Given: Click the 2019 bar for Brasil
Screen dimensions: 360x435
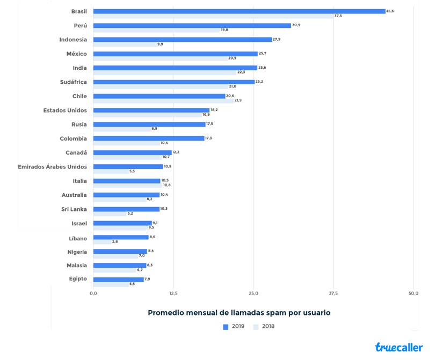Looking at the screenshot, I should [239, 11].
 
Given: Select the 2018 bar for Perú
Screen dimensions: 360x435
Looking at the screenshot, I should [156, 30].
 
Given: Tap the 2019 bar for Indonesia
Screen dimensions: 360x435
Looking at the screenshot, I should [183, 39].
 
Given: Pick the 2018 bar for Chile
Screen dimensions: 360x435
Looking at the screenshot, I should [163, 100].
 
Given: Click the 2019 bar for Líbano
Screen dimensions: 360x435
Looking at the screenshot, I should [121, 237].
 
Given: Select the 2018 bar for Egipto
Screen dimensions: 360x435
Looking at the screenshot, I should [111, 284].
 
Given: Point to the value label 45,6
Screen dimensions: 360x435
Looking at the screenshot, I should [390, 11].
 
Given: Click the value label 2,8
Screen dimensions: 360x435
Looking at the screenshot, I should [115, 241].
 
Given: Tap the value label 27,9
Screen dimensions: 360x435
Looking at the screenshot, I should [277, 39].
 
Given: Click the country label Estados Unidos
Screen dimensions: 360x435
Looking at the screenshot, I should [65, 111].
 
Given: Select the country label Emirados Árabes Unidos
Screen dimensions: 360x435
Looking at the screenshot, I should [52, 167].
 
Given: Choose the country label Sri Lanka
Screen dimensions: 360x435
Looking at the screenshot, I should [74, 209].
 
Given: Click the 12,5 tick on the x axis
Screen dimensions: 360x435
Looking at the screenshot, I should [173, 293].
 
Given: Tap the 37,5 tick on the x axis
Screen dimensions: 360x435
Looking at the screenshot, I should [333, 293].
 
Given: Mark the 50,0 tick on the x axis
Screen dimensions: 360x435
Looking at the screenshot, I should [413, 293].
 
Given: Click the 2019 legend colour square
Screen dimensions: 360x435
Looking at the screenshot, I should [226, 326].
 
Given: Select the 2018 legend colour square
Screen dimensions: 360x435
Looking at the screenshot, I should [256, 326].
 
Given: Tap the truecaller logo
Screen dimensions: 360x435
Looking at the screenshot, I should [398, 347].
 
